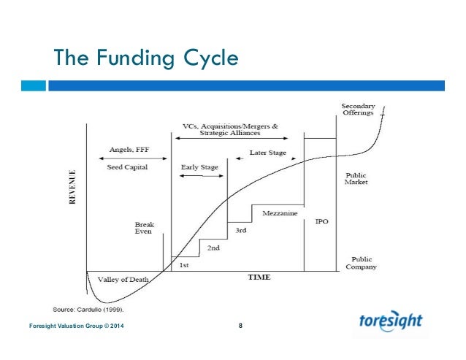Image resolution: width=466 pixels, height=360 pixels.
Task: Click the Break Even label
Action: [145, 229]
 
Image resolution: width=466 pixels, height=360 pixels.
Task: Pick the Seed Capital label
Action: [129, 167]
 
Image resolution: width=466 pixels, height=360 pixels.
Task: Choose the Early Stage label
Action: [199, 167]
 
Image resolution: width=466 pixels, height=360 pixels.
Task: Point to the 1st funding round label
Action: [184, 265]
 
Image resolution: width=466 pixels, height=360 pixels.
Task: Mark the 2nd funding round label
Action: [213, 248]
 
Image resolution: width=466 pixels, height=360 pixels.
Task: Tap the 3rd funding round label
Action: [240, 230]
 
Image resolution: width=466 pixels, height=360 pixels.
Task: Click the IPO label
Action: [321, 221]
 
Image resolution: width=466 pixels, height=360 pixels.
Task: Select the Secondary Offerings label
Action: [359, 110]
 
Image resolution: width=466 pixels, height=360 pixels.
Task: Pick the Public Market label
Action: [356, 178]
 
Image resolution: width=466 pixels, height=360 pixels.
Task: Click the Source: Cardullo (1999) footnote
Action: [93, 309]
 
